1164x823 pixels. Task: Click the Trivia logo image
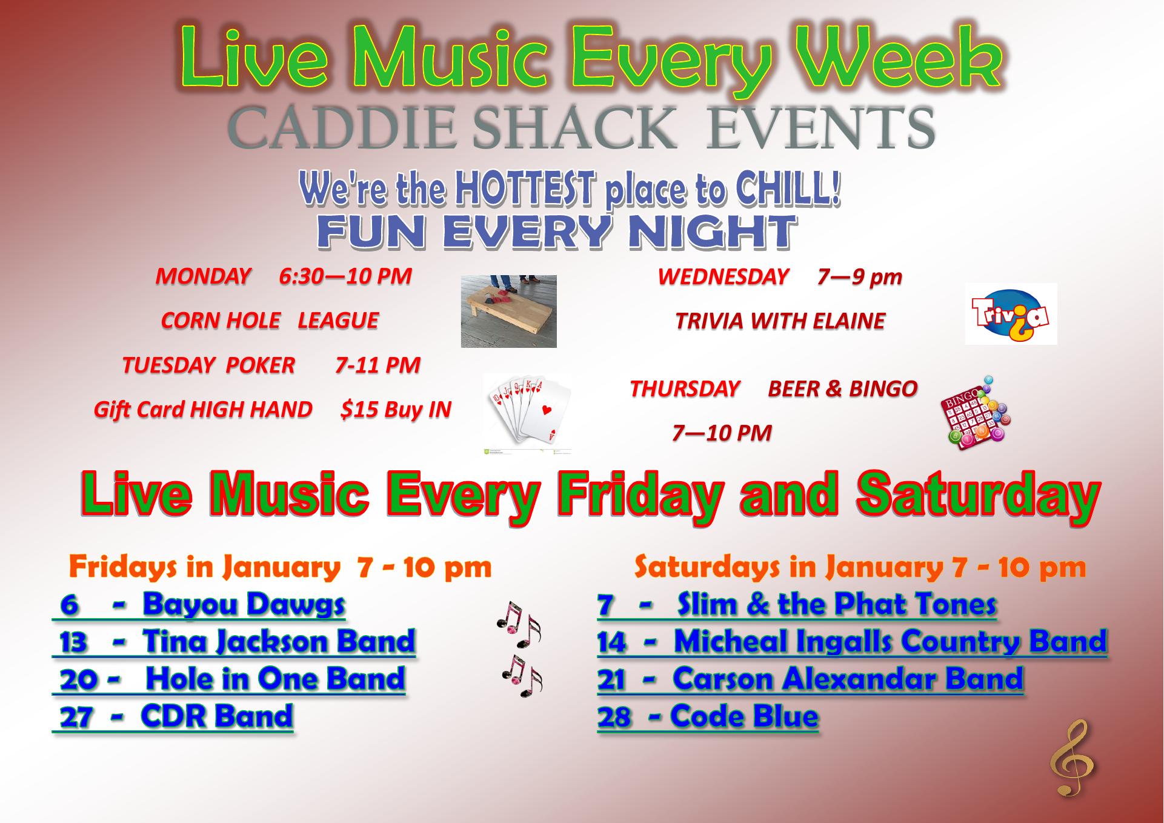coord(1011,314)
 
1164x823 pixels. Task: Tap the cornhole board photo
coord(508,312)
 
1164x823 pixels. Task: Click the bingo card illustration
coord(974,413)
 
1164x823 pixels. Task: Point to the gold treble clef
coord(1072,758)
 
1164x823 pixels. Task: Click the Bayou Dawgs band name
coord(244,604)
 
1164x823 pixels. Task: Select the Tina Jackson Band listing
coord(279,641)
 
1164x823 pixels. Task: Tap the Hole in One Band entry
coord(275,679)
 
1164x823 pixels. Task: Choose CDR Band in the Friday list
coord(217,716)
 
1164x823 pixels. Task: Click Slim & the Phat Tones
coord(837,604)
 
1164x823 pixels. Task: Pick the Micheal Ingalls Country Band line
coord(890,641)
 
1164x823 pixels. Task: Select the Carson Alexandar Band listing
coord(848,679)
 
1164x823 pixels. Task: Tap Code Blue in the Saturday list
coord(744,716)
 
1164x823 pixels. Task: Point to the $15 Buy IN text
coord(396,410)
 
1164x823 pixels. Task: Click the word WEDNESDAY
coord(723,277)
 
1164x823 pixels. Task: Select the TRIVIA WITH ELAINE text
coord(780,321)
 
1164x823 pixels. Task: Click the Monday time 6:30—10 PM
coord(345,276)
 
